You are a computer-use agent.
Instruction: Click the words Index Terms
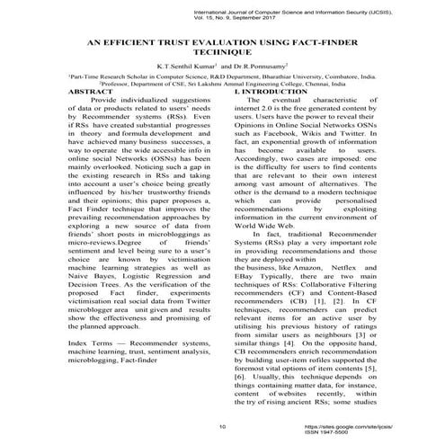pos(91,345)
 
